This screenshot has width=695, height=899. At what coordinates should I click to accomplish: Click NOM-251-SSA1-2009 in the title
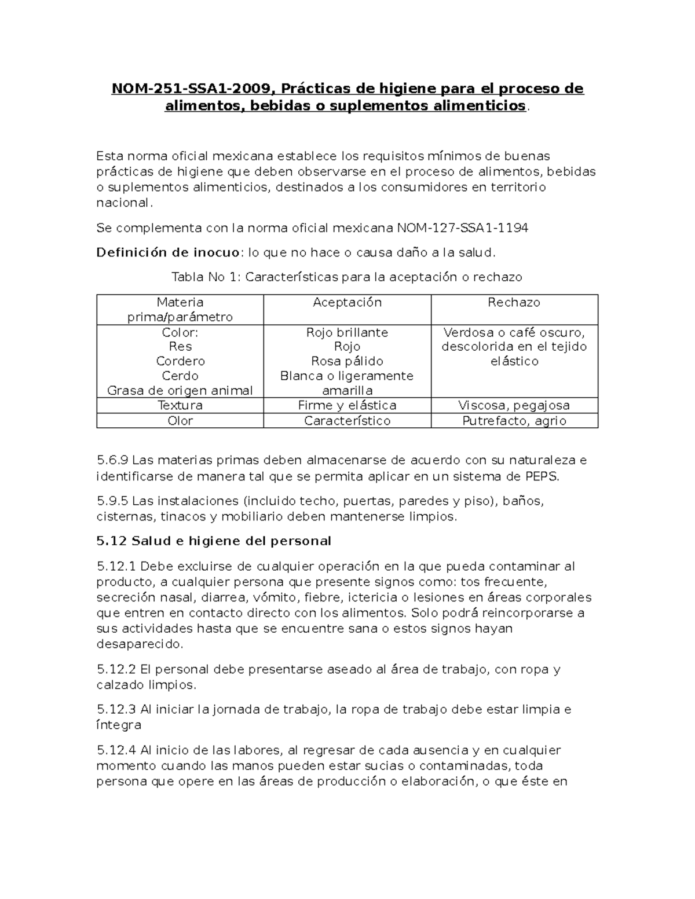tap(190, 89)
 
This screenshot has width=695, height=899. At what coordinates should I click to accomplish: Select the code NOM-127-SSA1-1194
tap(462, 228)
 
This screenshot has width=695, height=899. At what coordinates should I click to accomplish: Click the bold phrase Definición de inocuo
tap(167, 252)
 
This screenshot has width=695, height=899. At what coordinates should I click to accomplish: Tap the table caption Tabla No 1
tap(205, 277)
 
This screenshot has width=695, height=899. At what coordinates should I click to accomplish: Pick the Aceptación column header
tap(347, 302)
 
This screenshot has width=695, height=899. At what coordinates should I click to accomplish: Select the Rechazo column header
tap(514, 302)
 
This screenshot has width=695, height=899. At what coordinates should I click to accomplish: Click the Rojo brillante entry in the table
tap(347, 332)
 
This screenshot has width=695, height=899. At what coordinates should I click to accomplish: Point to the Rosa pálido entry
tap(347, 361)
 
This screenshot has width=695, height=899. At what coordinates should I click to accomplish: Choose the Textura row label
tap(180, 405)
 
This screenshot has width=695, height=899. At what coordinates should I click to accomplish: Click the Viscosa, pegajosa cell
tap(514, 405)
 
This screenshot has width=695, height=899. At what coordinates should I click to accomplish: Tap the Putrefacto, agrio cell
tap(514, 421)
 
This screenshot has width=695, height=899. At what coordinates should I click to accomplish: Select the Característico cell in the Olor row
tap(347, 421)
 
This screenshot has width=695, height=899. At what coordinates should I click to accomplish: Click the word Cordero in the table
tap(180, 361)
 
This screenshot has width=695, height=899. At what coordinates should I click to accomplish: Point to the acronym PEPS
tap(542, 476)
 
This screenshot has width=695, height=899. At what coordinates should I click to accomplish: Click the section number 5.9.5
tap(112, 501)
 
